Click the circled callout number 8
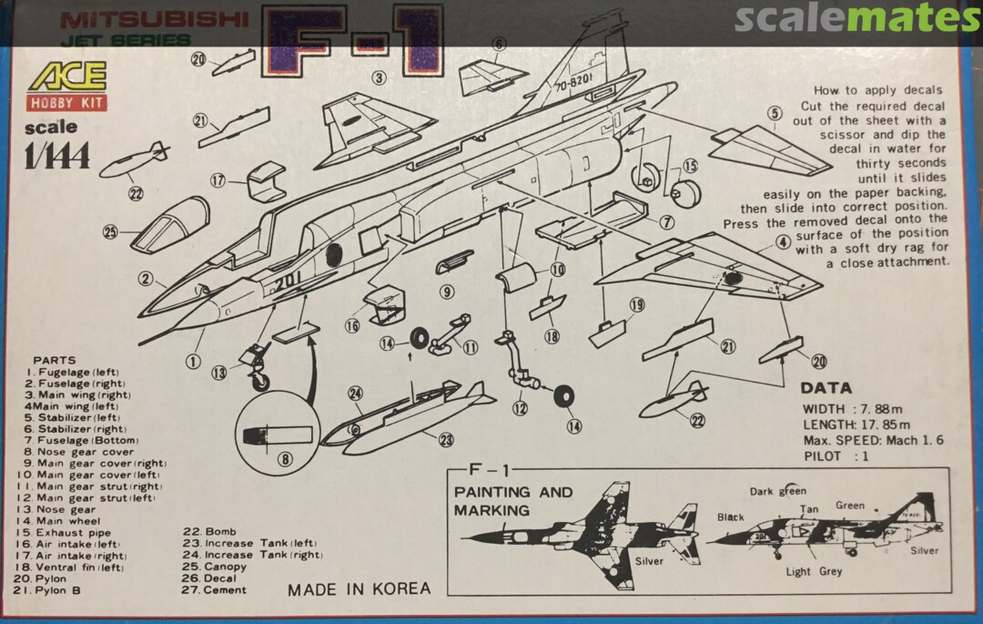pyautogui.click(x=285, y=459)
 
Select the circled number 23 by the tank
pyautogui.click(x=446, y=440)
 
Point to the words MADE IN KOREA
pyautogui.click(x=359, y=588)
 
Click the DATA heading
pyautogui.click(x=826, y=387)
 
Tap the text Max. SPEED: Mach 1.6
pyautogui.click(x=872, y=440)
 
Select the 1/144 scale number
pyautogui.click(x=58, y=158)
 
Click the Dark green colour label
pyautogui.click(x=777, y=491)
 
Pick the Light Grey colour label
pyautogui.click(x=814, y=571)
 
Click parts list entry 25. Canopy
pyautogui.click(x=214, y=567)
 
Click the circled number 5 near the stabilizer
pyautogui.click(x=775, y=114)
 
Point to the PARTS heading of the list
pyautogui.click(x=55, y=360)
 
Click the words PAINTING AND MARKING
pyautogui.click(x=513, y=500)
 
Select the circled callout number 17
pyautogui.click(x=217, y=180)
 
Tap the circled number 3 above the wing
pyautogui.click(x=379, y=77)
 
